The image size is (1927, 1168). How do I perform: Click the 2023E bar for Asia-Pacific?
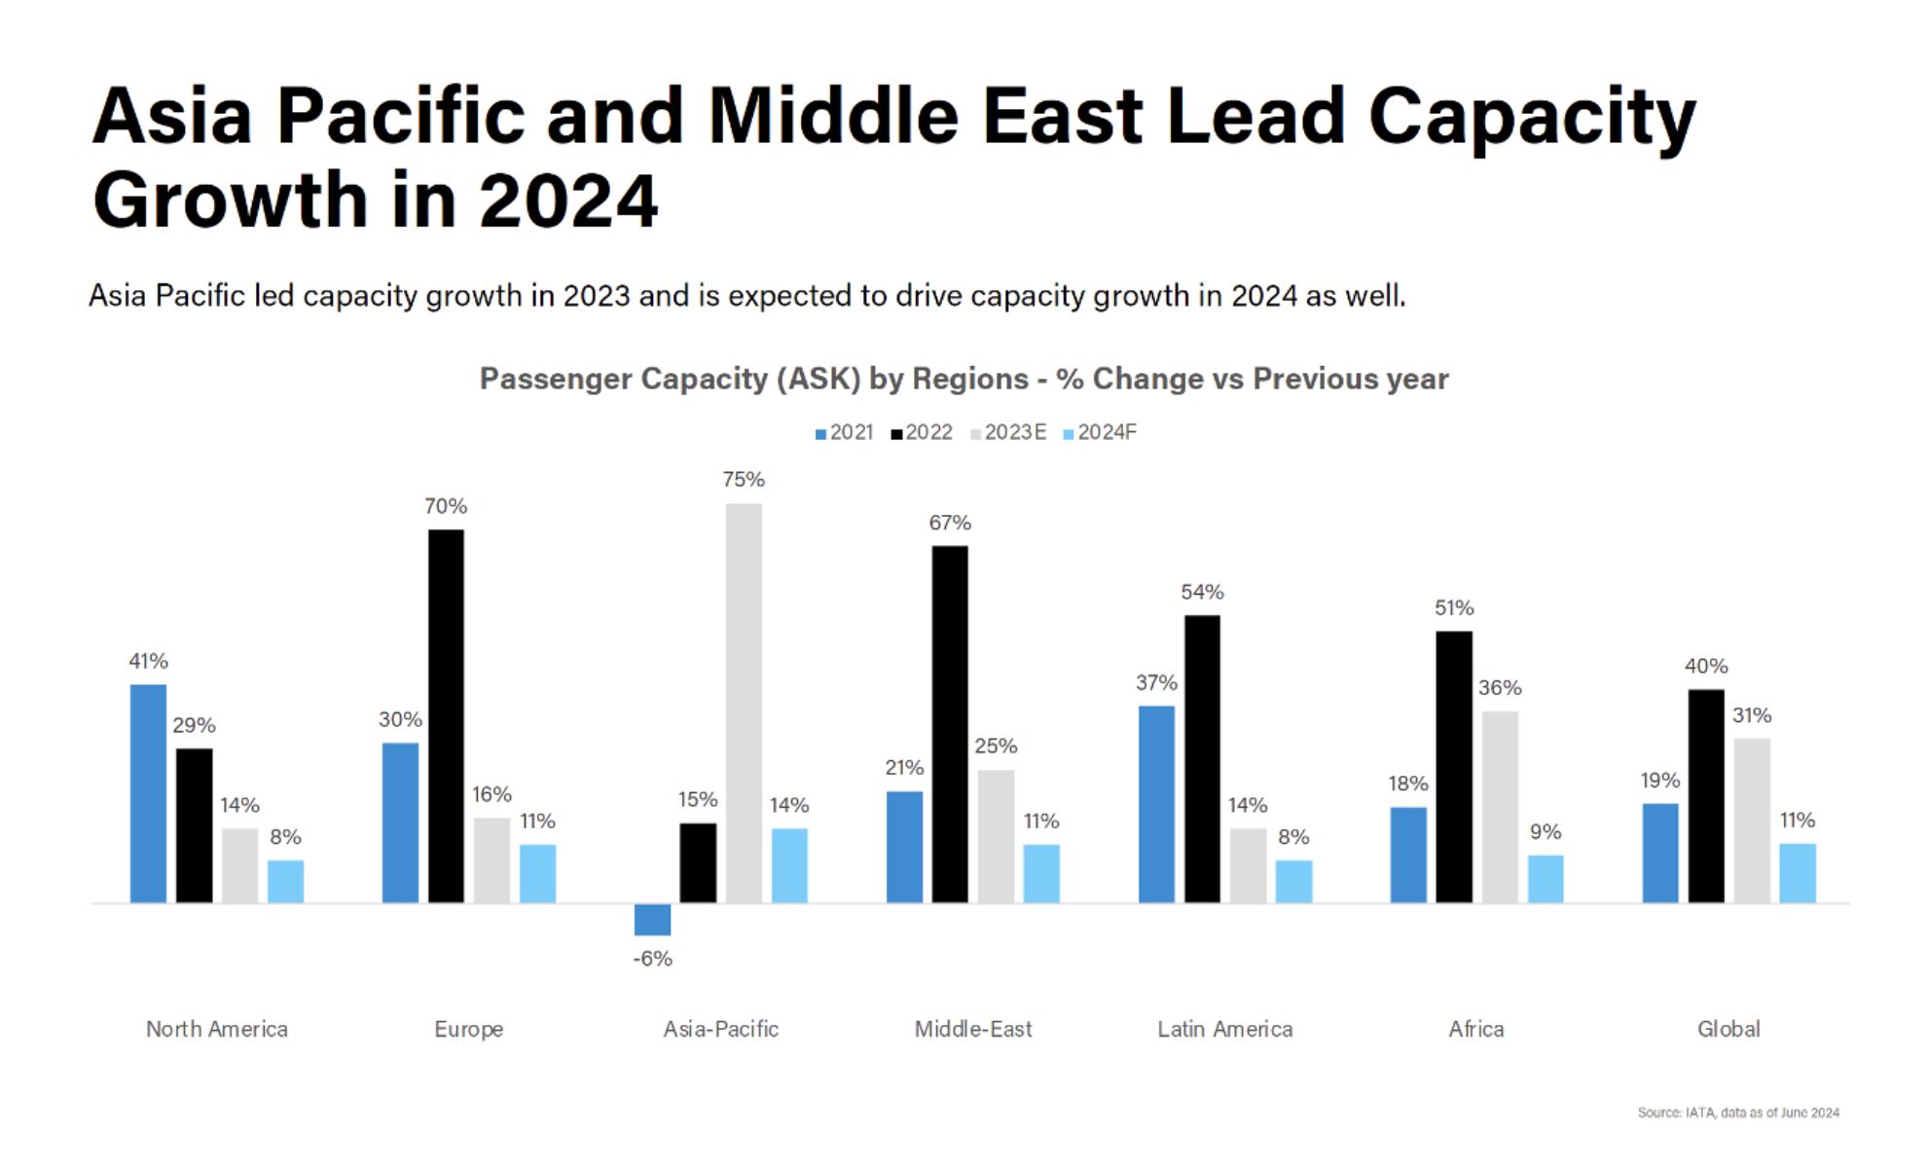tap(744, 703)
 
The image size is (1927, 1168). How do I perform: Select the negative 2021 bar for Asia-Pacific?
tap(652, 920)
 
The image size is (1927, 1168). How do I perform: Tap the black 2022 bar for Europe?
tap(446, 715)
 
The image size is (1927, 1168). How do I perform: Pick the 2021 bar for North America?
tap(148, 793)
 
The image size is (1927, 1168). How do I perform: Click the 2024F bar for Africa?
tap(1545, 879)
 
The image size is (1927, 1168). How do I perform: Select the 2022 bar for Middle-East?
tap(950, 724)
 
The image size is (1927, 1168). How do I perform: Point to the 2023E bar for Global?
tap(1752, 821)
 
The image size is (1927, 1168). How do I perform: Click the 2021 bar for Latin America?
tap(1156, 804)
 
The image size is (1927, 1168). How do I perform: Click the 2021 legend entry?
tap(844, 432)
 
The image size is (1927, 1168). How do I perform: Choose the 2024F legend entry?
tap(1100, 432)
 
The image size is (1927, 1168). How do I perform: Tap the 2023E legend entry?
tap(1008, 432)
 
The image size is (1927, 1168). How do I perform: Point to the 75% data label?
tap(744, 480)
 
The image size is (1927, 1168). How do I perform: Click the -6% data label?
tap(652, 959)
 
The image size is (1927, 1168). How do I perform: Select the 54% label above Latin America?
tap(1202, 592)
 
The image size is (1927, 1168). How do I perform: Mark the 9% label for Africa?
tap(1545, 832)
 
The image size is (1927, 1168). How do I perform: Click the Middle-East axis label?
tap(972, 1029)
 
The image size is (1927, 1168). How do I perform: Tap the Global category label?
tap(1728, 1029)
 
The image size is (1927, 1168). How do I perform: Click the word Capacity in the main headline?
tap(1532, 117)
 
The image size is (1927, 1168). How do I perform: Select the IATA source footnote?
tap(1738, 1113)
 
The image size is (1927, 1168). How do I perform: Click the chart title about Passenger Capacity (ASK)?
tap(963, 379)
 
